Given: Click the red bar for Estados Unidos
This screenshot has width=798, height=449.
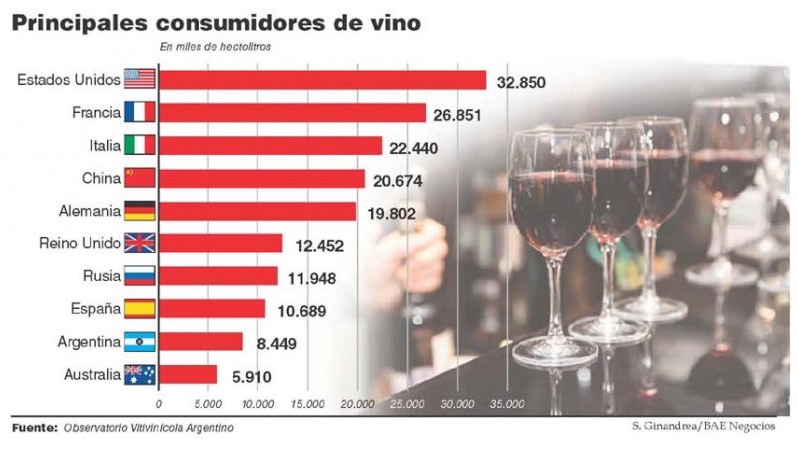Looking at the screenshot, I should [321, 80].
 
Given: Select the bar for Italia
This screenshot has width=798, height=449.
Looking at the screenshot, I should [269, 146].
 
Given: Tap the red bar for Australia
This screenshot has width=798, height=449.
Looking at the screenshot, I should [188, 375].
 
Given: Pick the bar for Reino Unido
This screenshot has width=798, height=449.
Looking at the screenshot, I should [220, 243].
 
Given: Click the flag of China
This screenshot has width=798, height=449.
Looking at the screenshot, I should [137, 178].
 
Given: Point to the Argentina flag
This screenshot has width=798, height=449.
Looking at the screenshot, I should [137, 342].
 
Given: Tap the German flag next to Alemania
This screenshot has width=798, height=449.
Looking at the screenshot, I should [137, 211].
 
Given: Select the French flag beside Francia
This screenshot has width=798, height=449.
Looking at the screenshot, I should [137, 113].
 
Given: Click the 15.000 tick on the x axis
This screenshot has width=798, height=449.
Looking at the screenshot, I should [307, 404].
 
